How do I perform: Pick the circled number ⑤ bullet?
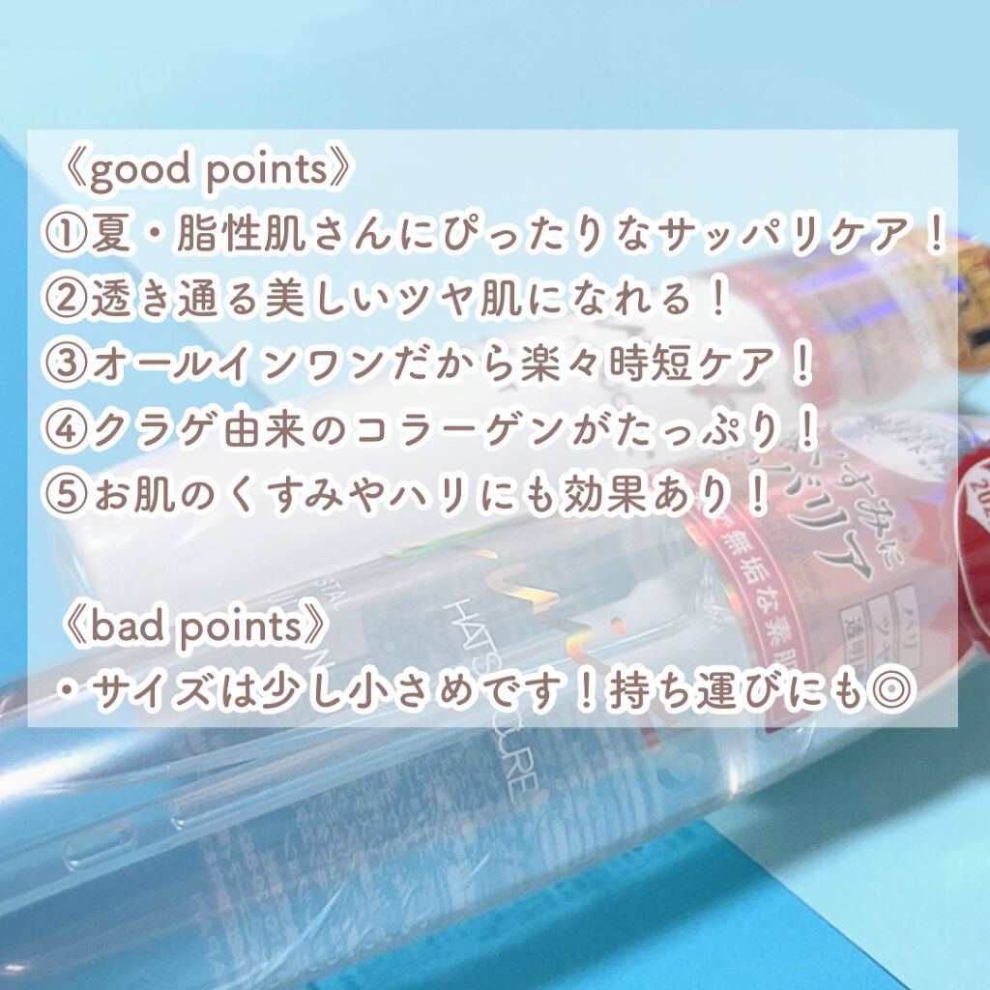tap(67, 495)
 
